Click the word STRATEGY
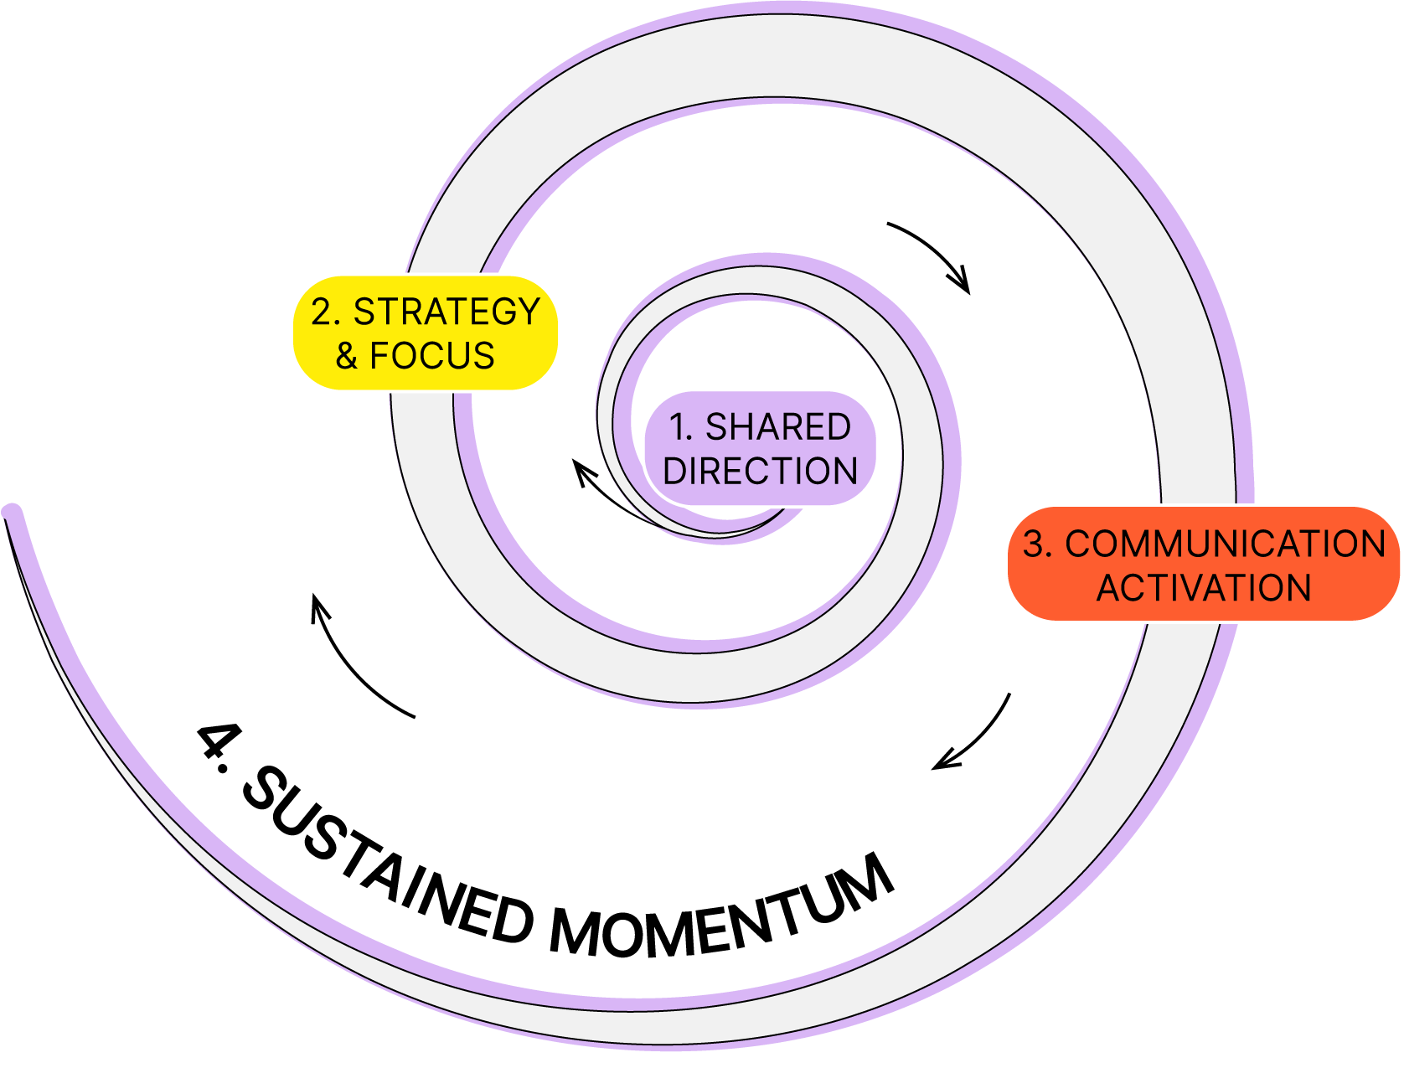[x=446, y=312]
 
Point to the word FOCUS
[x=432, y=356]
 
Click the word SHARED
[x=778, y=427]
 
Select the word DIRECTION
[x=761, y=471]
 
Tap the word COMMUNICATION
[x=1225, y=544]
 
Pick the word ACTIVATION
[x=1204, y=587]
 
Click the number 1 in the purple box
[x=679, y=427]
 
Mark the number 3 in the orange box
[x=1034, y=544]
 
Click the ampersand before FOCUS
[x=347, y=356]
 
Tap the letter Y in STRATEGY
[x=529, y=312]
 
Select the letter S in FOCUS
[x=484, y=356]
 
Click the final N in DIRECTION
[x=846, y=471]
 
